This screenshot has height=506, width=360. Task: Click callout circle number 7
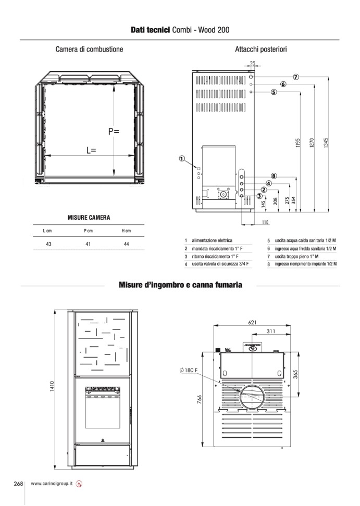[x=296, y=77]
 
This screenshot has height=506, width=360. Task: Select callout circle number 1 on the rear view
[x=182, y=158]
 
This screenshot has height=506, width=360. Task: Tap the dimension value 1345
[x=326, y=143]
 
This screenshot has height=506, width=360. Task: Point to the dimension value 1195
[x=297, y=143]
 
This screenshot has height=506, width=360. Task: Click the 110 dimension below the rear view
[x=265, y=222]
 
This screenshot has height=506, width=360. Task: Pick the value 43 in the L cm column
[x=48, y=244]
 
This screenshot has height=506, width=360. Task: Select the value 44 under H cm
[x=126, y=244]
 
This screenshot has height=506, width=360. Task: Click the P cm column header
[x=88, y=231]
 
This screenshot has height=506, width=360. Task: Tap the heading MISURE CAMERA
[x=89, y=218]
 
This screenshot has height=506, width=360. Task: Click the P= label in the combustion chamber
[x=114, y=131]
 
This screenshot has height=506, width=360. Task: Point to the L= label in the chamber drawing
[x=91, y=150]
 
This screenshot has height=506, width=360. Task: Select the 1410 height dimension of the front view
[x=52, y=387]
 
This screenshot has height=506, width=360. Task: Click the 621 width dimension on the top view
[x=252, y=322]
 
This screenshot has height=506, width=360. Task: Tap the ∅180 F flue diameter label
[x=189, y=370]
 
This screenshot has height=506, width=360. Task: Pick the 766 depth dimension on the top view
[x=199, y=399]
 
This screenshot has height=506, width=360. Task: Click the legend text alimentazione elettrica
[x=212, y=241]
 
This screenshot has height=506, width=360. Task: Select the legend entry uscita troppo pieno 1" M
[x=297, y=257]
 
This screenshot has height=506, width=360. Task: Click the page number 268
[x=18, y=484]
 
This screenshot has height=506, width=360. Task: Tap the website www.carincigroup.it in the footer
[x=52, y=484]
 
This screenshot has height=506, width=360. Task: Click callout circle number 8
[x=274, y=176]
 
